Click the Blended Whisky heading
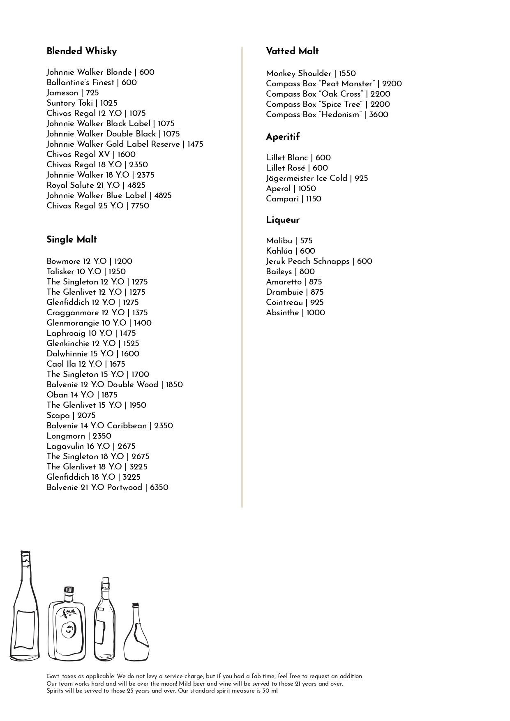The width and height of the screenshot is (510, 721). tap(81, 51)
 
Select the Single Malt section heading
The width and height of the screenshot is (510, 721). tap(72, 240)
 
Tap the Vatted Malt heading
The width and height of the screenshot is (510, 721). tap(292, 51)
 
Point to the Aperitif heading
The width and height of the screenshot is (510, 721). tap(283, 137)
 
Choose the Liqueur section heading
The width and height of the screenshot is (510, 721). tap(283, 220)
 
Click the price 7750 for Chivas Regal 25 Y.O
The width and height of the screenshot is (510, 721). tap(140, 206)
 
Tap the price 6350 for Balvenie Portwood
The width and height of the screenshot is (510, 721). tap(159, 488)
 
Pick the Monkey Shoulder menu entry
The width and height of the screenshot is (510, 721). tap(298, 74)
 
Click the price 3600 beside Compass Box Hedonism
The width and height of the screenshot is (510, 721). tap(378, 115)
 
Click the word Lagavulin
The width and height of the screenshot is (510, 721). tap(65, 446)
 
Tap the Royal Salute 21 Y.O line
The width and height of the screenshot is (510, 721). tap(96, 185)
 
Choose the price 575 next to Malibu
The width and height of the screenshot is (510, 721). tap(306, 241)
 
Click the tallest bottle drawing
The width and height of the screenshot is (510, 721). tap(24, 608)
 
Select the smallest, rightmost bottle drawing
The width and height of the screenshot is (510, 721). tap(136, 635)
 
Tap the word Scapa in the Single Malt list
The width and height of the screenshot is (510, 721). tap(58, 416)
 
